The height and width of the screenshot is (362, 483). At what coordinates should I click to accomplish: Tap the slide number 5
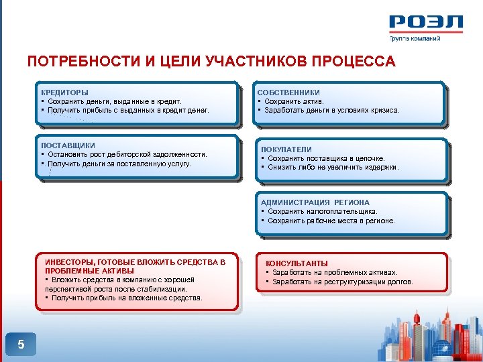point(21,345)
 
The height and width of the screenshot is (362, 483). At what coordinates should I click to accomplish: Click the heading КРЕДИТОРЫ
point(64,93)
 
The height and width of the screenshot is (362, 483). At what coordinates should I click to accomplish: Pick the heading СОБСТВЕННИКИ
point(289,93)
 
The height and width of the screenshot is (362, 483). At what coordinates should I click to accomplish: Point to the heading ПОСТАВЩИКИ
point(68,145)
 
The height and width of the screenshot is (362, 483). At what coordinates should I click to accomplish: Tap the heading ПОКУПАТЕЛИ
point(286,149)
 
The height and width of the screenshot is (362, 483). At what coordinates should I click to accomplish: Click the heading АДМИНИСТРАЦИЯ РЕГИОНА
point(315,202)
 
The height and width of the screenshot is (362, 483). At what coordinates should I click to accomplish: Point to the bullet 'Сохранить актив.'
point(292,101)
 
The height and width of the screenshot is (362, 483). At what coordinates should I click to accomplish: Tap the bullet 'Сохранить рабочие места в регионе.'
point(331,220)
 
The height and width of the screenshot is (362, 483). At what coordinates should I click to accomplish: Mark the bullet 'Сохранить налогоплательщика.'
point(323,211)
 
